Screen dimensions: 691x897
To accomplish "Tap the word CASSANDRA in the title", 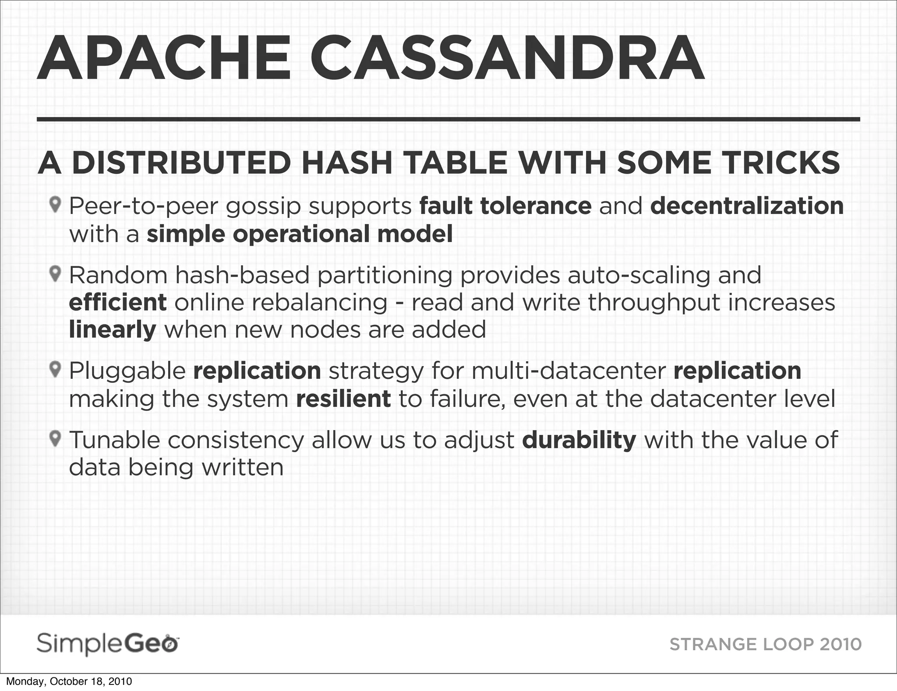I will click(507, 60).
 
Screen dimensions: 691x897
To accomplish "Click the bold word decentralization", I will click(747, 206).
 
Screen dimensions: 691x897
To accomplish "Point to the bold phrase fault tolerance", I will click(505, 206).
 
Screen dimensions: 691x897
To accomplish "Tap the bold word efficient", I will click(118, 302).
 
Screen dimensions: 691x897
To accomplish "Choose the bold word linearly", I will click(113, 330).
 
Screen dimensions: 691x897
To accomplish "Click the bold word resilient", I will click(343, 399).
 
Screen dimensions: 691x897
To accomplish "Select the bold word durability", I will click(579, 440).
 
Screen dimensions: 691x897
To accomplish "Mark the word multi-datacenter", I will click(569, 371).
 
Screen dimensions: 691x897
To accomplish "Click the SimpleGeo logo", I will click(108, 644).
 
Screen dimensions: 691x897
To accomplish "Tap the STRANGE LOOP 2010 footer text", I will click(765, 645).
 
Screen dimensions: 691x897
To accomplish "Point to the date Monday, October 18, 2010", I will click(69, 682).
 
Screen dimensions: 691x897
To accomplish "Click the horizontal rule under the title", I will click(448, 119).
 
